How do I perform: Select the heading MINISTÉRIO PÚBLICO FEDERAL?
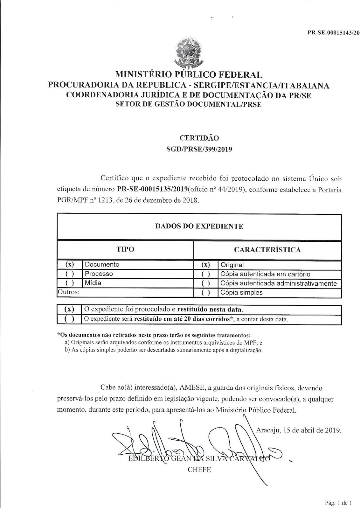click(189, 75)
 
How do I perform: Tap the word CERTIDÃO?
click(199, 138)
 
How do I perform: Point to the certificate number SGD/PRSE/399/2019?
click(199, 149)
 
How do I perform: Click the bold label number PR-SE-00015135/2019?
click(152, 190)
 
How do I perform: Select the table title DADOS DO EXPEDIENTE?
click(199, 226)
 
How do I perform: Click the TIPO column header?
click(125, 249)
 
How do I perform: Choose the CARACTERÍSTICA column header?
click(267, 250)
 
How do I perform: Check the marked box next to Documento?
click(70, 264)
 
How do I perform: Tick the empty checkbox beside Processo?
click(70, 274)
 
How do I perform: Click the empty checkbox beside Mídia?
click(70, 283)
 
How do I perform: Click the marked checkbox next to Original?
click(206, 265)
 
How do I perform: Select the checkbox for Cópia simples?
click(206, 293)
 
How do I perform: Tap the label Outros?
click(68, 292)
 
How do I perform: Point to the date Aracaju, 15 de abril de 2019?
click(299, 430)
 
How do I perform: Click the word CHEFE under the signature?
click(199, 470)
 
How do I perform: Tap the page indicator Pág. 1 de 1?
click(338, 503)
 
